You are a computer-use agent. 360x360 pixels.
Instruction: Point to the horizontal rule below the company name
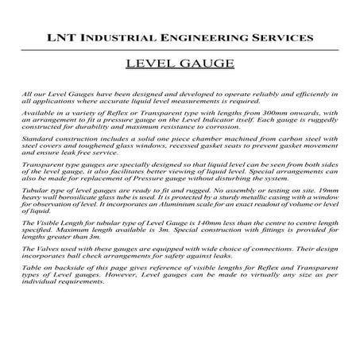tap(180, 50)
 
